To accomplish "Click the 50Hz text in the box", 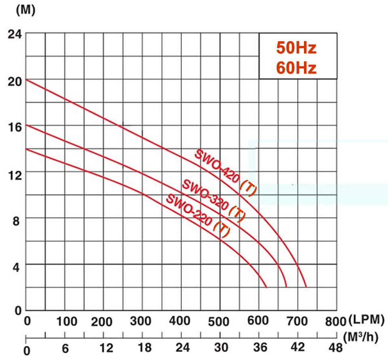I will click(x=296, y=48).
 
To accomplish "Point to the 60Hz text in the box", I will click(x=296, y=68).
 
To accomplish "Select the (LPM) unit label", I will click(x=365, y=320).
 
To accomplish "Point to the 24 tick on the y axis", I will click(x=15, y=34).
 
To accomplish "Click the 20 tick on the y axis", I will click(x=15, y=80).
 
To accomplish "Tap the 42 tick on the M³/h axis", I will click(x=297, y=347).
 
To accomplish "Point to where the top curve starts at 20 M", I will click(x=26, y=79).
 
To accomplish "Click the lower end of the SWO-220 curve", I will click(x=266, y=287).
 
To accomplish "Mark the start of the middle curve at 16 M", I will click(x=26, y=125).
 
